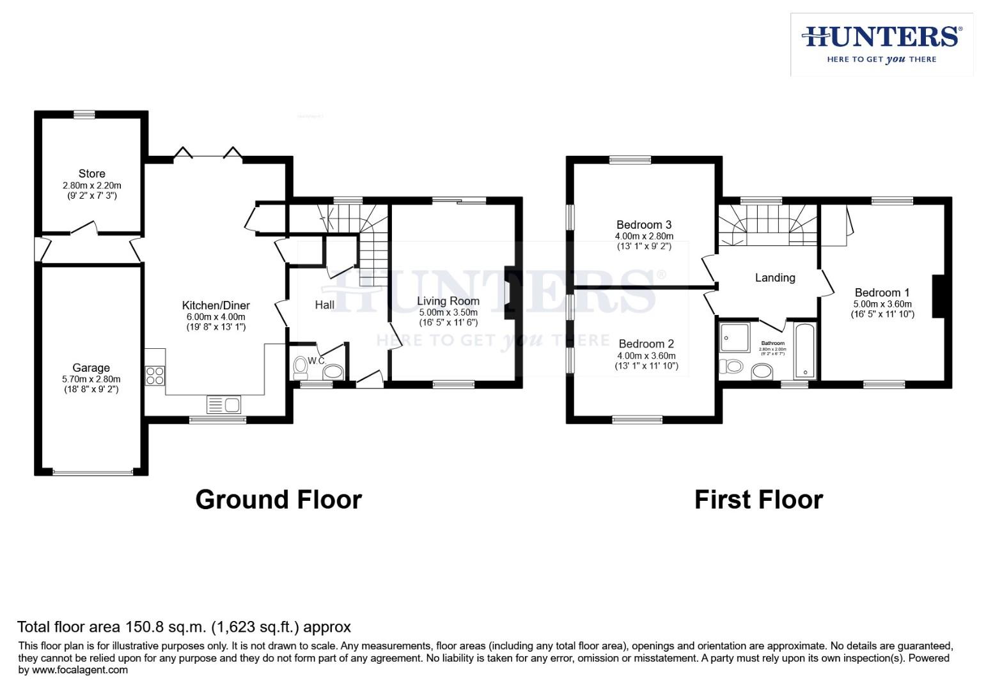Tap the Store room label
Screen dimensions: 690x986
point(91,174)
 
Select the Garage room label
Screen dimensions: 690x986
point(91,368)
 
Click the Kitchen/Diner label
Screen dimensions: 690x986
point(215,305)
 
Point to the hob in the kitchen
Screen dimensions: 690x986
point(155,375)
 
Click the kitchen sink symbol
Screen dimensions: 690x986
point(224,404)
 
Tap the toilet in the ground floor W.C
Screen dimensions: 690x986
point(301,367)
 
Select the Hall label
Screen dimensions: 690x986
point(324,305)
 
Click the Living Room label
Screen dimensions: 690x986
point(448,301)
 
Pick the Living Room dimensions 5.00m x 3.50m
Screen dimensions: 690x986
point(448,312)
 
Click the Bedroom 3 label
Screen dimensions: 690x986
point(643,225)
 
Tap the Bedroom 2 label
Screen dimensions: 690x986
point(646,344)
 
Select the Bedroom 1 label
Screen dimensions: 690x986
point(882,293)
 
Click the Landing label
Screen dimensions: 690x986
point(775,278)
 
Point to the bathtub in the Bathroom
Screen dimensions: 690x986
point(803,351)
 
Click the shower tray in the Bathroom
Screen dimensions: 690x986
point(735,337)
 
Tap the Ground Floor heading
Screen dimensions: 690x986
point(278,500)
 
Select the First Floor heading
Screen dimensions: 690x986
point(758,500)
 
